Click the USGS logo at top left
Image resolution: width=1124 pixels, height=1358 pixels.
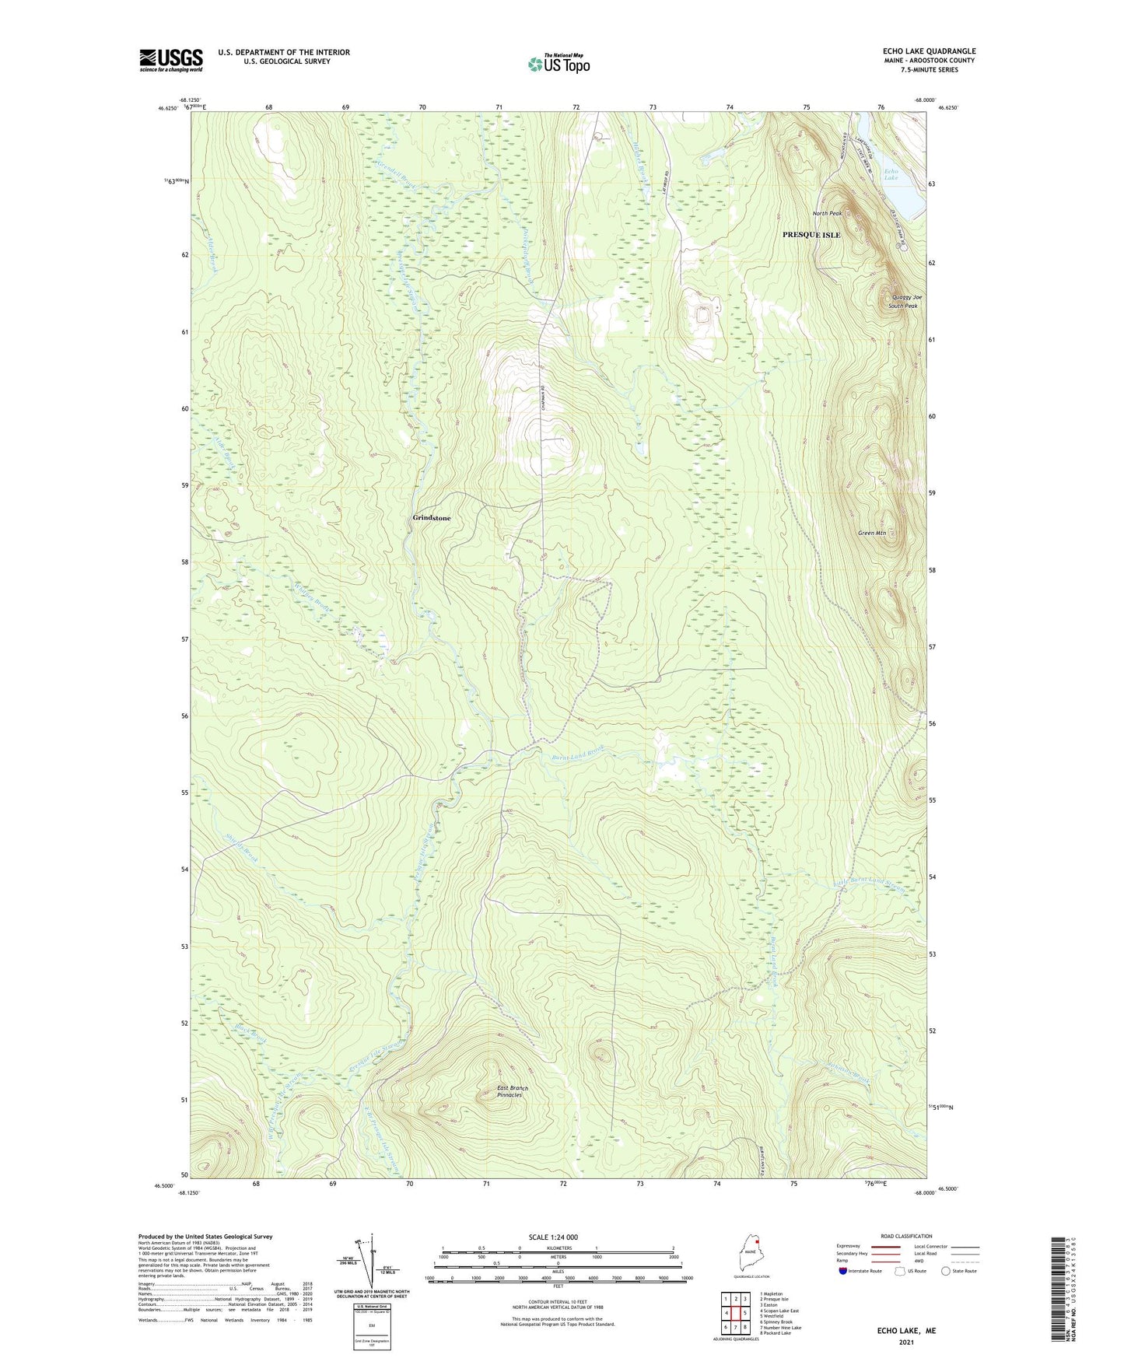tap(170, 60)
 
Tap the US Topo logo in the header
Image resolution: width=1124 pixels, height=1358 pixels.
tap(559, 64)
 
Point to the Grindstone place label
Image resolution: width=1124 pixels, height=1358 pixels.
tap(431, 518)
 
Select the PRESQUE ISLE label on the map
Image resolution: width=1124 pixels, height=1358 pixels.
tap(811, 235)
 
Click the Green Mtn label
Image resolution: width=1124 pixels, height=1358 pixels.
tap(871, 533)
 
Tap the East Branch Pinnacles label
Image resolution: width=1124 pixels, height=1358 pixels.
tap(513, 1091)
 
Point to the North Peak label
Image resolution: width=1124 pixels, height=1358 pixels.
tap(827, 213)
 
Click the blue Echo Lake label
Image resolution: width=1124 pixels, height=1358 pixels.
tap(891, 174)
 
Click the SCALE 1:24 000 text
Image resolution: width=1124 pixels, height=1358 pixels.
tap(553, 1237)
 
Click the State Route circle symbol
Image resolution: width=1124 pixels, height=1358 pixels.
tap(945, 1272)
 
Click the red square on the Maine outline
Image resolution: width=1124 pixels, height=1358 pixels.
tap(757, 1242)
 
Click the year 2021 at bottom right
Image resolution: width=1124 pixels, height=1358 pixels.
tap(905, 1342)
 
